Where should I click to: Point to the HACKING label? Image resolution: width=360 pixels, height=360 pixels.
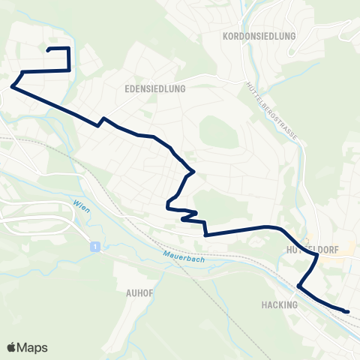pos(280,304)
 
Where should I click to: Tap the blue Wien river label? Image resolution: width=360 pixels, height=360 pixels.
pos(81,206)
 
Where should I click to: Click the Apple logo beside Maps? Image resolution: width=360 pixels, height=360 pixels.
pos(12,347)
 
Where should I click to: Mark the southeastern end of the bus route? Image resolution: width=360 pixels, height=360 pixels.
pos(349,310)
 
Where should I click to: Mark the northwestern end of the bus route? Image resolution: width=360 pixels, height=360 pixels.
pos(49,49)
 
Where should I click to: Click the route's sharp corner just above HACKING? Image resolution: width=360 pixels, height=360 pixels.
pos(298,286)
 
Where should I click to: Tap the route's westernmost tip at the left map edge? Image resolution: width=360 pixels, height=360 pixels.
pos(11,86)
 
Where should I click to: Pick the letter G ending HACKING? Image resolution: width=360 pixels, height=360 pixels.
pos(295,304)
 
